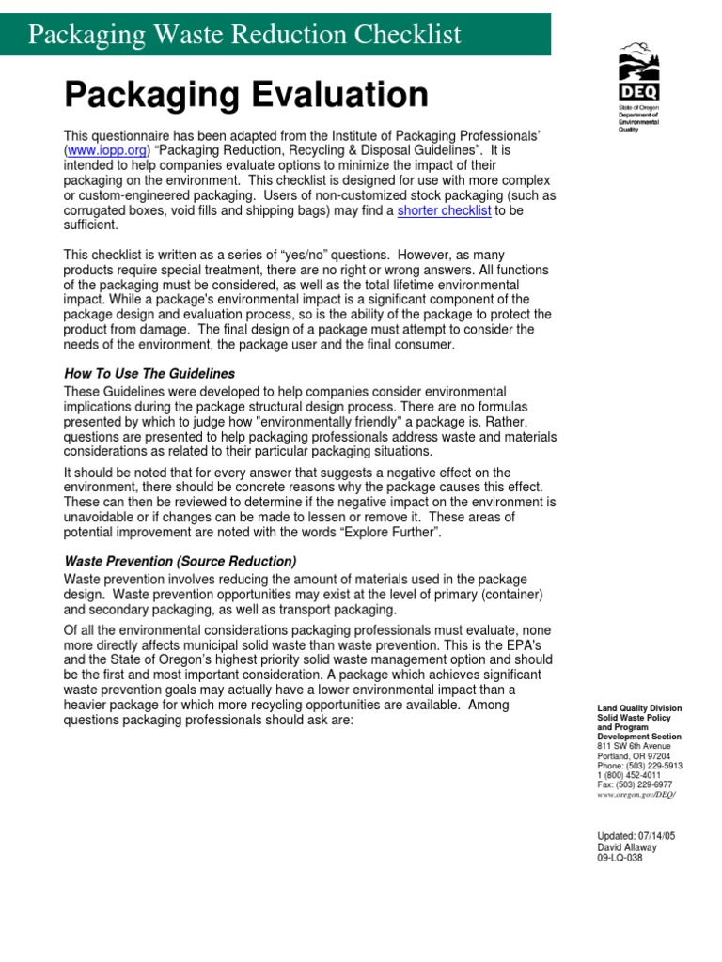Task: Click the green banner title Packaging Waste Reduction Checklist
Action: [244, 35]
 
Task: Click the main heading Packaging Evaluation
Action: [245, 94]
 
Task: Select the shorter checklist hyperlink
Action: [444, 210]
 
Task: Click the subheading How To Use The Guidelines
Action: [149, 373]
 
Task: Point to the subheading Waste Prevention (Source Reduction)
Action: [180, 561]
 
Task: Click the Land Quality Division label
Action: [639, 707]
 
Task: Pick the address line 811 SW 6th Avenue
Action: [636, 746]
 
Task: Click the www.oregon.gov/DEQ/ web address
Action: [636, 795]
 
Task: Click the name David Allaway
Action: [627, 847]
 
